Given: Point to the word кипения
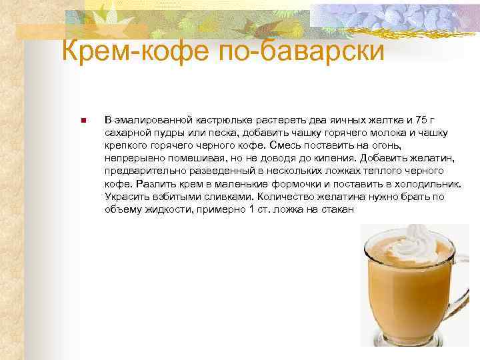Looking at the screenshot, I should click(x=337, y=159).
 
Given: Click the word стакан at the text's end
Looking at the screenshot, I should click(x=339, y=209).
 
